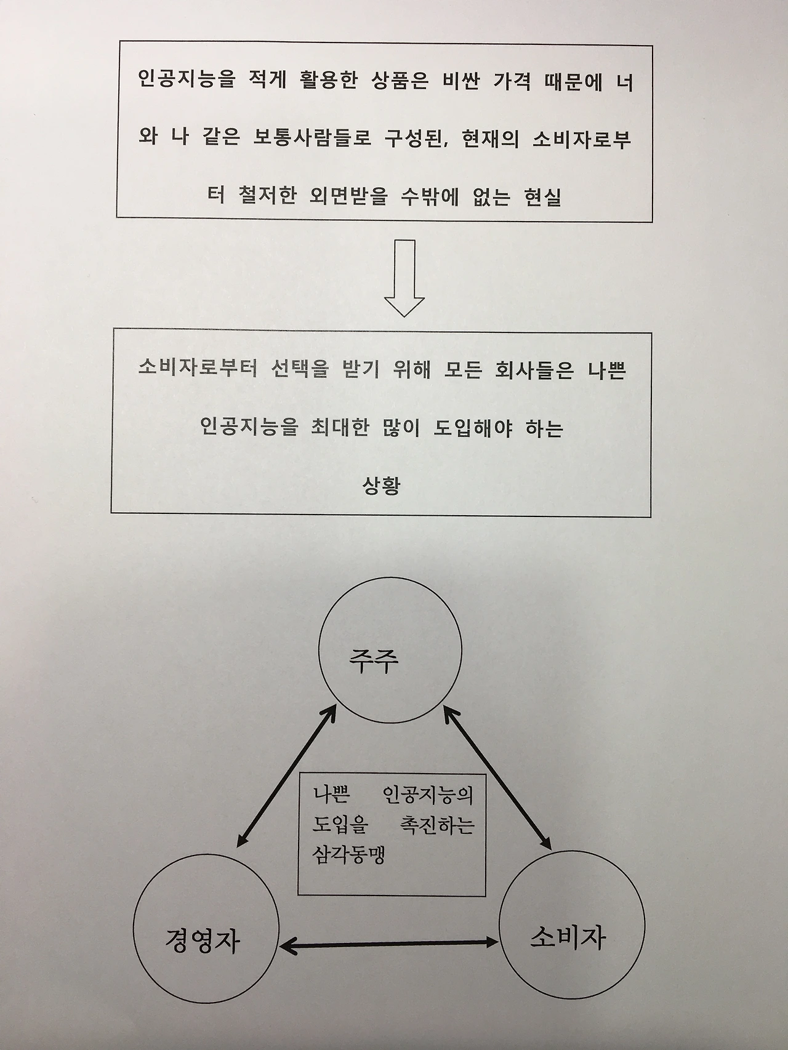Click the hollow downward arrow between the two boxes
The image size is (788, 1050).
[x=404, y=278]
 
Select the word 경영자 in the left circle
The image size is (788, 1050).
[x=203, y=941]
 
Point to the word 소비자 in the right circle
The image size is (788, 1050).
[x=568, y=937]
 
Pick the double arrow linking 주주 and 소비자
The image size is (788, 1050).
[x=497, y=778]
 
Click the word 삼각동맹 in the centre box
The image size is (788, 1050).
[x=348, y=855]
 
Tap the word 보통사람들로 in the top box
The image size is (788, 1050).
[x=312, y=138]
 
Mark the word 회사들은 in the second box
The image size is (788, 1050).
[x=534, y=370]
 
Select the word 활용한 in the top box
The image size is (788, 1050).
[x=329, y=81]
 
